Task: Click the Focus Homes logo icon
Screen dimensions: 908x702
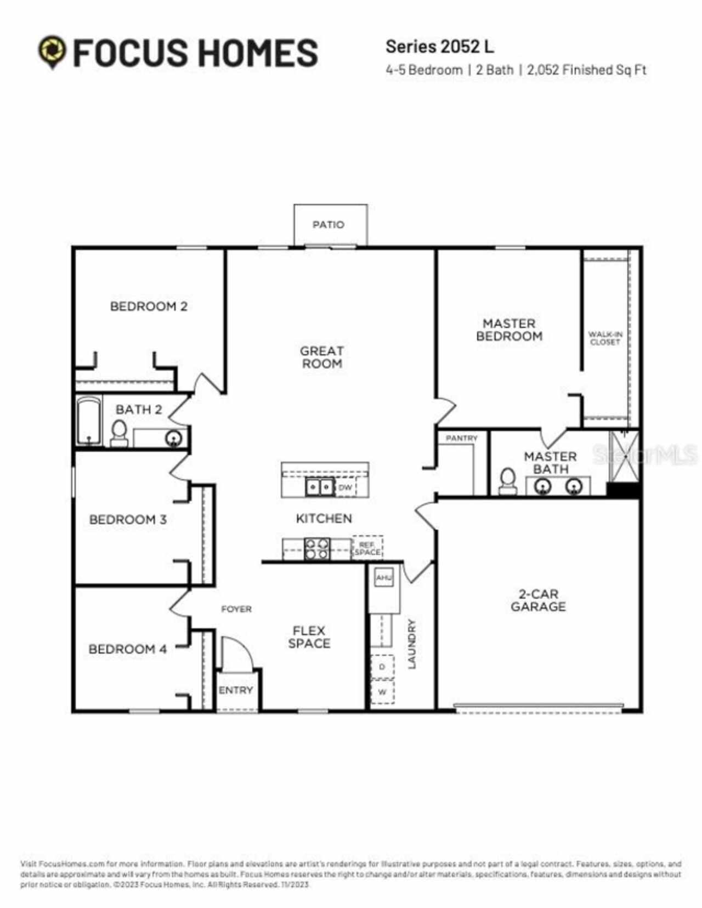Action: pos(52,52)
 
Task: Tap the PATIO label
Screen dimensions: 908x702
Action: pos(328,224)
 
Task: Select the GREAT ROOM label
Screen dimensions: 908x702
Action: pos(322,357)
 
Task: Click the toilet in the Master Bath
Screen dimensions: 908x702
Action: pos(508,481)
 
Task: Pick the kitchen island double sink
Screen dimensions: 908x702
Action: pos(319,486)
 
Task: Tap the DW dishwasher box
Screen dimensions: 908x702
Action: pos(346,487)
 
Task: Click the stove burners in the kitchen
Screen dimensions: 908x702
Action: pos(317,548)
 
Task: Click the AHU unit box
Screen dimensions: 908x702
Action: pos(383,578)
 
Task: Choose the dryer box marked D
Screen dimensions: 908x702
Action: pos(382,667)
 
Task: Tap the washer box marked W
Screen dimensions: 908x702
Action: pos(382,692)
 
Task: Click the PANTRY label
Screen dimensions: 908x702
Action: pos(462,438)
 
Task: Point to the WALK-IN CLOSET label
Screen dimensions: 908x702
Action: pos(605,338)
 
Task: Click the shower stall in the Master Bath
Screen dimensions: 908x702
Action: pos(624,456)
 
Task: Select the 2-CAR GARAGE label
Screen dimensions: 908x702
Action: pos(538,600)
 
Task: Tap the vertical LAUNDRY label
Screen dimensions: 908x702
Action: pos(412,644)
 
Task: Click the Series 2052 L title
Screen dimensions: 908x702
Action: pos(439,47)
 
